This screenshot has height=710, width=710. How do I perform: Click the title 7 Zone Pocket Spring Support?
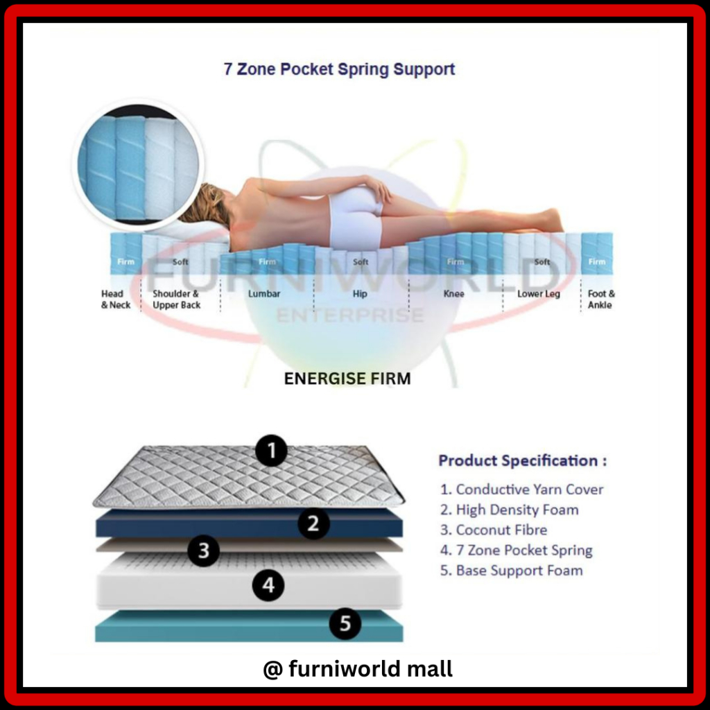[x=339, y=69]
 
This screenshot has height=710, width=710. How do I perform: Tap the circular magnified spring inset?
[x=138, y=164]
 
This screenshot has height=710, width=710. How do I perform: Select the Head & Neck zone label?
[x=116, y=300]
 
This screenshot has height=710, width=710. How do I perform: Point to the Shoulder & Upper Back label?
[x=176, y=300]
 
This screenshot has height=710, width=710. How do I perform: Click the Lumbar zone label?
[x=264, y=294]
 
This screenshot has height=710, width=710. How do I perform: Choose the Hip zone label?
[x=360, y=294]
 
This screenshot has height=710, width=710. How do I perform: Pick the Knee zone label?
[x=453, y=294]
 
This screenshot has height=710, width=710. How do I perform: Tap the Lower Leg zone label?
[x=538, y=294]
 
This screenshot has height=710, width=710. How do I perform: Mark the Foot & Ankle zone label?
[x=601, y=300]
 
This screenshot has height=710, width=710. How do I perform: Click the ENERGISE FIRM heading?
[x=347, y=379]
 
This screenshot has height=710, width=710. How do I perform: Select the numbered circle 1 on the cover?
[x=271, y=451]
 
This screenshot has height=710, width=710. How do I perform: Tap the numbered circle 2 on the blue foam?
[x=313, y=523]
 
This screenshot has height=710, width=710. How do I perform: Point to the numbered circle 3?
[x=204, y=551]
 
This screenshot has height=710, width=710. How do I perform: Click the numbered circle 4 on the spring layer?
[x=268, y=585]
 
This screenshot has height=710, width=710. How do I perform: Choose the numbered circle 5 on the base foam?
[x=345, y=623]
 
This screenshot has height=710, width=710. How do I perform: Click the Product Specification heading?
[x=523, y=461]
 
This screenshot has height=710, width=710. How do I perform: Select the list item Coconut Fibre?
[x=494, y=530]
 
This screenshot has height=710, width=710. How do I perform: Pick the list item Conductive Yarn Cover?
[x=521, y=490]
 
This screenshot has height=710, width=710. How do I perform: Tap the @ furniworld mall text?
[x=358, y=669]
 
